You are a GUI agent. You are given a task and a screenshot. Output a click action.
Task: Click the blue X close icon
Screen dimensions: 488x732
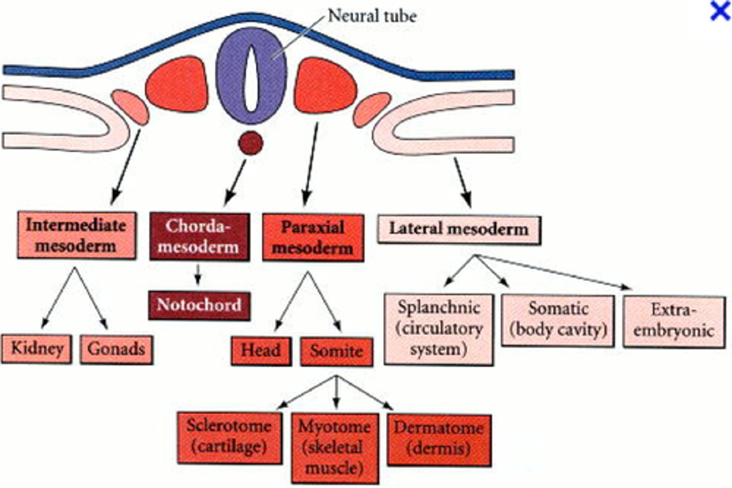720,11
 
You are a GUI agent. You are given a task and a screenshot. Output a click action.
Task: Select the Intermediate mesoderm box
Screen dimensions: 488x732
76,236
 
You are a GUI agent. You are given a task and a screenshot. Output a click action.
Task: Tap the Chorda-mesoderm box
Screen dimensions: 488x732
199,237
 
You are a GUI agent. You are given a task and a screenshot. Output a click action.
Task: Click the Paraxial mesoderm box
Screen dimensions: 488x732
313,238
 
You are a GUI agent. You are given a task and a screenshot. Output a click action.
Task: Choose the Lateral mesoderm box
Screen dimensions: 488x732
459,229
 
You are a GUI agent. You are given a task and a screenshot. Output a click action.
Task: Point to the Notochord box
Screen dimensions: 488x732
199,305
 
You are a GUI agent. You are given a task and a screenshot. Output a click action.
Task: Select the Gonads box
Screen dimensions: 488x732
116,349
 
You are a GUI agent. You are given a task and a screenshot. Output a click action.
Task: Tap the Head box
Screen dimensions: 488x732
261,351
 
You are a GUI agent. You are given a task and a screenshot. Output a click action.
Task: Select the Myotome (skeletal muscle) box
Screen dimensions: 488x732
335,447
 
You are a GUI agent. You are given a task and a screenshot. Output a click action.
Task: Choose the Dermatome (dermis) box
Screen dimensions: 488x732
439,439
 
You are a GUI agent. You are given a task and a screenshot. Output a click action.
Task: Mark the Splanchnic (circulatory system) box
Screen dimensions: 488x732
439,329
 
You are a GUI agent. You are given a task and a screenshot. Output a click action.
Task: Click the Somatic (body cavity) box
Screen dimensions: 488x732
558,320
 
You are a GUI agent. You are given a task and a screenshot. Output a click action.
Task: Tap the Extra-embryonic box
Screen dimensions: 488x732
674,322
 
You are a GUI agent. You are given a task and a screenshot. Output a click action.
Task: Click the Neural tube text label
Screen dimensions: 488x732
372,16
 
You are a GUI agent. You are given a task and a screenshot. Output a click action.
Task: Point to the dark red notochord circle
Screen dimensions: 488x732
251,143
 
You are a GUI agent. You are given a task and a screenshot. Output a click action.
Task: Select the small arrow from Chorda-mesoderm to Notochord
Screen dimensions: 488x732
198,275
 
